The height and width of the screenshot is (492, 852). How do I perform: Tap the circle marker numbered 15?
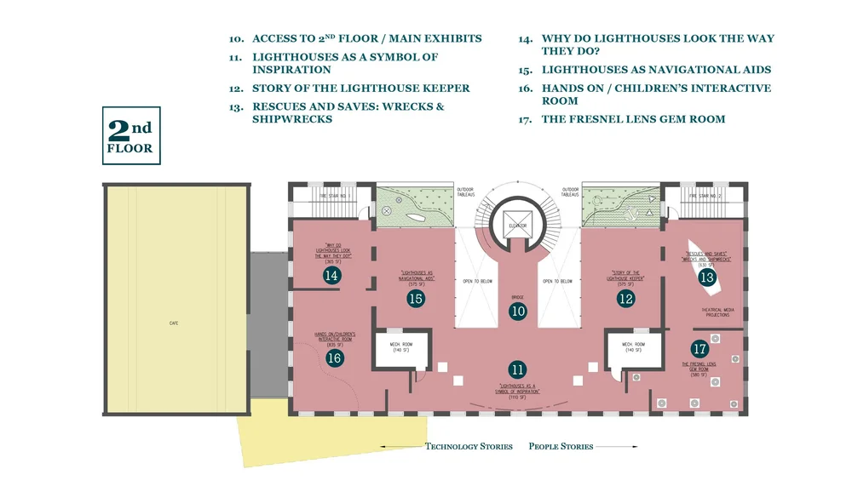tap(416, 298)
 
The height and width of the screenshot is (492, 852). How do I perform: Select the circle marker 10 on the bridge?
tap(518, 312)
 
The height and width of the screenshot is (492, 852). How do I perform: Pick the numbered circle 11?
tap(518, 369)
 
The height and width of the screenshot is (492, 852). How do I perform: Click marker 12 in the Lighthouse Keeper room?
tap(626, 298)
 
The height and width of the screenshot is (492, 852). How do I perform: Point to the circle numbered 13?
tap(706, 277)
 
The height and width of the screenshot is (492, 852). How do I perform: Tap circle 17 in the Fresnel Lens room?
tap(699, 348)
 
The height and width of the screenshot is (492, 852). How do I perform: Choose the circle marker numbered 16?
tap(334, 358)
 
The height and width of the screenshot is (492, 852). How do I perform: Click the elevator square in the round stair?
tap(518, 224)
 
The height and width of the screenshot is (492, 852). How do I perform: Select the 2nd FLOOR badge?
tap(131, 135)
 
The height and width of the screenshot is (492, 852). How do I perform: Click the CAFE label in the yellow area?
tap(174, 323)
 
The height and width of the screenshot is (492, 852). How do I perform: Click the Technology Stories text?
tap(469, 446)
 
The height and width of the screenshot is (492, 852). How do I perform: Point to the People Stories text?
tap(561, 446)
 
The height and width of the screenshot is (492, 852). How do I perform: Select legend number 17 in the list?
tap(525, 119)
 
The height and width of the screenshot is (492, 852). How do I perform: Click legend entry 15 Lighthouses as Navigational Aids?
tap(656, 70)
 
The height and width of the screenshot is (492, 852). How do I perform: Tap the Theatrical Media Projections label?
tap(715, 312)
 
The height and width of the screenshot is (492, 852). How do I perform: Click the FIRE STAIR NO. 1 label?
tap(334, 196)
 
